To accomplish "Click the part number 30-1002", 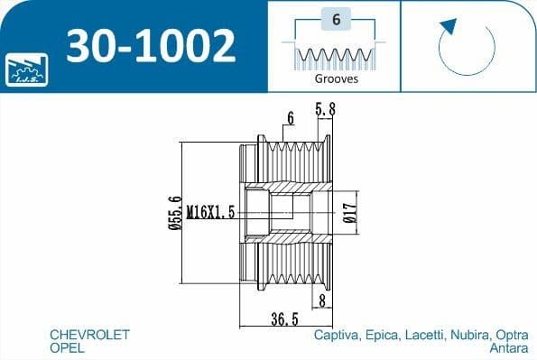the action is pyautogui.click(x=151, y=46).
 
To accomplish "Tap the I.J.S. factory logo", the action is pyautogui.click(x=27, y=69).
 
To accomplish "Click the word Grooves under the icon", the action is pyautogui.click(x=337, y=78).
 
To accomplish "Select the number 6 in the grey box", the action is pyautogui.click(x=337, y=20).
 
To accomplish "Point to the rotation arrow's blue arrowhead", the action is pyautogui.click(x=449, y=26).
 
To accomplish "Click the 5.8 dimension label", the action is pyautogui.click(x=325, y=109).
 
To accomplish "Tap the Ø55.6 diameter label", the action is pyautogui.click(x=175, y=213).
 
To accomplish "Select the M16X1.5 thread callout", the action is pyautogui.click(x=210, y=212).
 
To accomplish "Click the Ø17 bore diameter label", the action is pyautogui.click(x=350, y=213).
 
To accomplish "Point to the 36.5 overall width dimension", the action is pyautogui.click(x=284, y=319).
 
